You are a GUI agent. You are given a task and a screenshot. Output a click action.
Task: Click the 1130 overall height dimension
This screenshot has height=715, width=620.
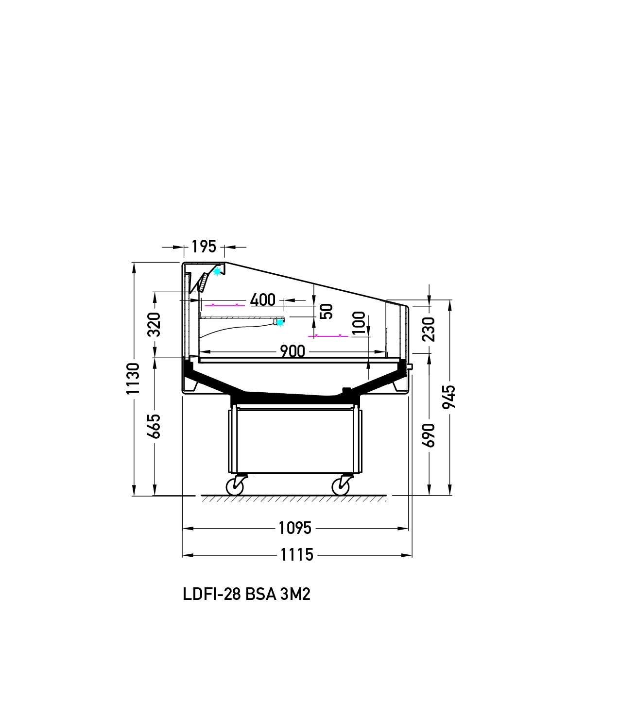click(x=133, y=379)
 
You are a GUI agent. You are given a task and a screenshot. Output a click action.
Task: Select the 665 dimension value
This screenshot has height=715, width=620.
click(x=155, y=427)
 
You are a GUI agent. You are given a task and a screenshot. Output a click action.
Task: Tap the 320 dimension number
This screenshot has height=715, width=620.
click(x=155, y=324)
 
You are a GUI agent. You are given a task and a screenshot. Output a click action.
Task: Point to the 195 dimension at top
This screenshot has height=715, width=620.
click(x=204, y=247)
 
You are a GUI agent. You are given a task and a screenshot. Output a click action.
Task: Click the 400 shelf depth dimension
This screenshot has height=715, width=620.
click(x=263, y=300)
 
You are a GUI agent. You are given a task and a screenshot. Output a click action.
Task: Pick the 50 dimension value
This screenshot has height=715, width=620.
click(x=327, y=311)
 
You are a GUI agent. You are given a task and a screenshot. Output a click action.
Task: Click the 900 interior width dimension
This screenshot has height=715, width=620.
click(x=293, y=351)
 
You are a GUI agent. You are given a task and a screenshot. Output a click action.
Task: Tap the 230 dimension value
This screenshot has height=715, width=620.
click(x=429, y=329)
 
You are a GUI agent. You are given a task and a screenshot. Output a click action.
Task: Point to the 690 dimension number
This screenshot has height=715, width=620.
click(x=429, y=435)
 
